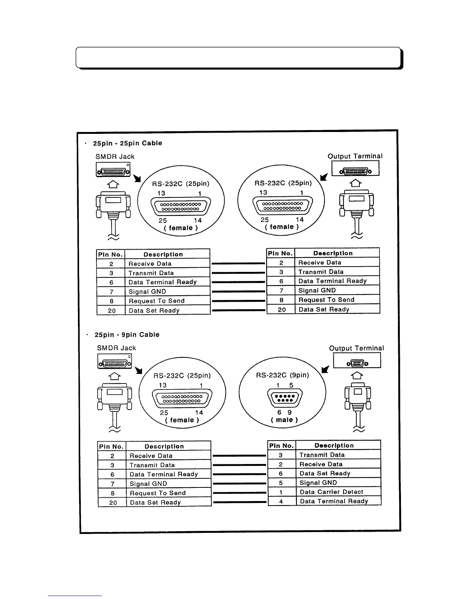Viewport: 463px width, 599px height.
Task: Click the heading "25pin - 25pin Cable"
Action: (x=127, y=143)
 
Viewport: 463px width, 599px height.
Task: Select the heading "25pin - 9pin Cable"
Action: (x=127, y=335)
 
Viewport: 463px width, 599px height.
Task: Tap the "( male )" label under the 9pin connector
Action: (x=284, y=420)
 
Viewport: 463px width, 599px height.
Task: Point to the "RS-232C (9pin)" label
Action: (x=283, y=375)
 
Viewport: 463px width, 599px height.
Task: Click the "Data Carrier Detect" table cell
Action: (x=331, y=492)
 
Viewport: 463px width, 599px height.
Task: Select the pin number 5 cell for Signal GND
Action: (x=281, y=483)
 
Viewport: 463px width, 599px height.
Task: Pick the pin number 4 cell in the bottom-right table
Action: (x=281, y=501)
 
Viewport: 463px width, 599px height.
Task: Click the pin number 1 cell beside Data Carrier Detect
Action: (x=281, y=492)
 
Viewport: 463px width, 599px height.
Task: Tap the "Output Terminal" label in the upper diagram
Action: (x=355, y=156)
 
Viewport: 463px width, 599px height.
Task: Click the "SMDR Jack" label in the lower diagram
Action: (x=117, y=348)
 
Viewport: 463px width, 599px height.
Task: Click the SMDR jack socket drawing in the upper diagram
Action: (x=113, y=171)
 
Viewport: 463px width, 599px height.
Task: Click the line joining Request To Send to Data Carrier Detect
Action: (x=239, y=493)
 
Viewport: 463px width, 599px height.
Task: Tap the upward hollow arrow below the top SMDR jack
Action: (x=113, y=185)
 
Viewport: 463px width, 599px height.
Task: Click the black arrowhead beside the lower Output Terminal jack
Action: (x=325, y=369)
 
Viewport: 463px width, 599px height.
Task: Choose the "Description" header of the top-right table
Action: (x=333, y=253)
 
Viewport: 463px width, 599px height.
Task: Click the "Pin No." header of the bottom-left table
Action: (x=112, y=447)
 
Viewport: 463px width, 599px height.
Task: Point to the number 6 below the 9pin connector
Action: (x=280, y=413)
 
